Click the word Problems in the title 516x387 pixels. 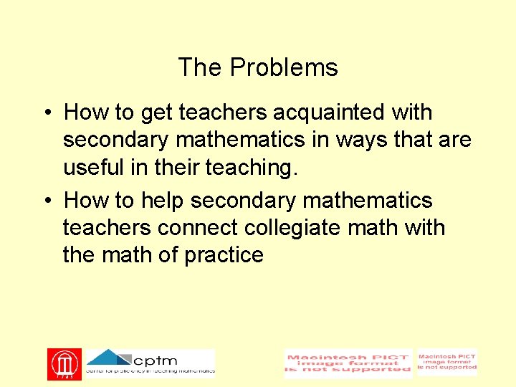pos(284,68)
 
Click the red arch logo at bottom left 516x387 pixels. pos(64,364)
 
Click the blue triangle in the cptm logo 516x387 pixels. pos(107,357)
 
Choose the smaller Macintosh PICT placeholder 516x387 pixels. pos(447,362)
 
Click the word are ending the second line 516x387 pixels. pos(454,140)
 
